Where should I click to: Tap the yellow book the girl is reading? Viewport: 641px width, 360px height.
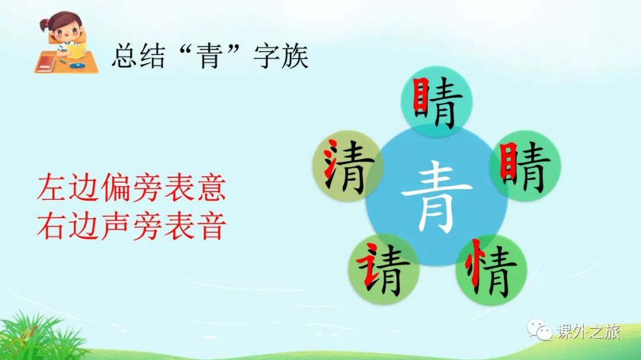point(76,50)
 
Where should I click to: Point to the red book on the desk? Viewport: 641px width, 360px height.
point(45,64)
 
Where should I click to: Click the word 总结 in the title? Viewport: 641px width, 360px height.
point(138,56)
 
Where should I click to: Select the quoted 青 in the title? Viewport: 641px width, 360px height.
point(209,56)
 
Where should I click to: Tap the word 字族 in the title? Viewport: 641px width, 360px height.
point(281,56)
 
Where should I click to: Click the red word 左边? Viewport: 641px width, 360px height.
point(68,187)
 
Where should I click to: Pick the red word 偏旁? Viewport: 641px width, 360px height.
point(132,187)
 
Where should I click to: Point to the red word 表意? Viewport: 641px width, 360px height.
point(195,187)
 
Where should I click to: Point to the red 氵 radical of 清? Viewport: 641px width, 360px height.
point(332,160)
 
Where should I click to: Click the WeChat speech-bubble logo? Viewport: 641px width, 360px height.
point(539,330)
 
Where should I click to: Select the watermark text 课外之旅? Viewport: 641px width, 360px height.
point(588,331)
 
